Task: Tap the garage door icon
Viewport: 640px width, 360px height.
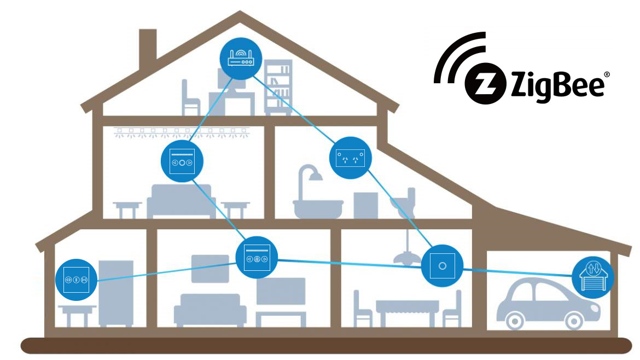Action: click(x=593, y=277)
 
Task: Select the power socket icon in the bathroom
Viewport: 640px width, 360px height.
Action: click(x=350, y=159)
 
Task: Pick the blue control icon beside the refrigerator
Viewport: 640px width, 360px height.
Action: click(x=76, y=280)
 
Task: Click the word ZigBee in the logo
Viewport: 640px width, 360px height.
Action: click(x=558, y=85)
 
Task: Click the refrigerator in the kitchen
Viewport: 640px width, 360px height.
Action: click(x=115, y=293)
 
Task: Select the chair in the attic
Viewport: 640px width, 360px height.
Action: click(x=190, y=98)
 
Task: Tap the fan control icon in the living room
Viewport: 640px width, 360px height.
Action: click(x=257, y=256)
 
